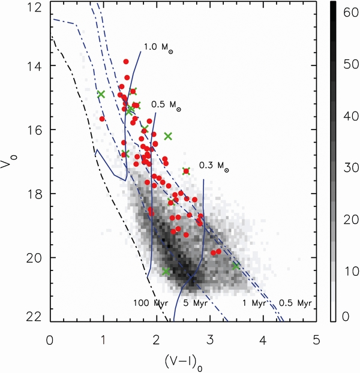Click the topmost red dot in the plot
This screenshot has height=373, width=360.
click(x=126, y=62)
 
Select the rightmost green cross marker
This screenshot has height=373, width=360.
click(x=236, y=265)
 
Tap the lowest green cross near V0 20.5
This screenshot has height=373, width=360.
click(x=166, y=272)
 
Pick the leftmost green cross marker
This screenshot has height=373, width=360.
click(x=101, y=94)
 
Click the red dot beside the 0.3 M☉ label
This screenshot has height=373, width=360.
click(x=187, y=171)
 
